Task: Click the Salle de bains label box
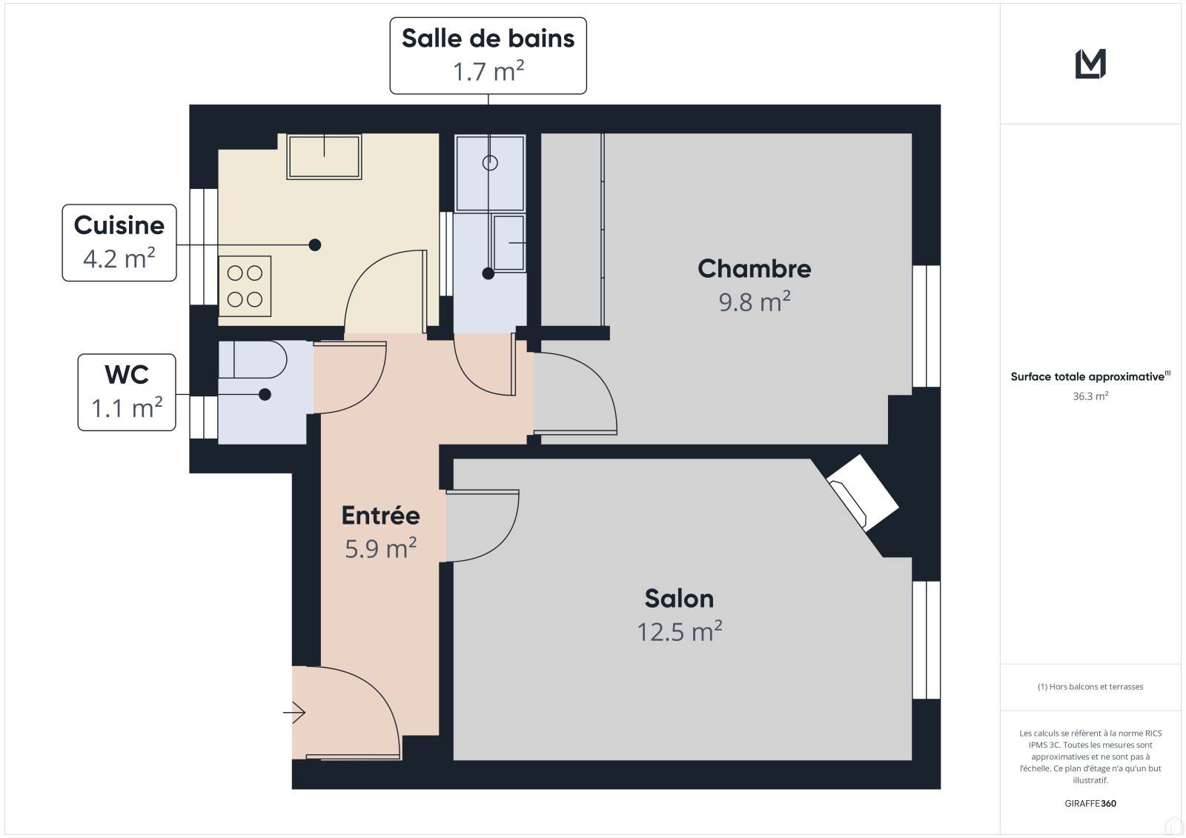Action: [x=488, y=56]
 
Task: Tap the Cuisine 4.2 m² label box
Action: [x=119, y=242]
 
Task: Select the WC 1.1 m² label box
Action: [x=127, y=392]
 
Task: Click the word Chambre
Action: [x=754, y=268]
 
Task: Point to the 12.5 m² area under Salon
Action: [x=679, y=631]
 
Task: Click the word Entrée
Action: [x=381, y=515]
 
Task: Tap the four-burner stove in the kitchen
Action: [x=245, y=287]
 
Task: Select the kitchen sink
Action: [x=324, y=156]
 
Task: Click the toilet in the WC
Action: [x=253, y=359]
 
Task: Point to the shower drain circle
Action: [x=490, y=163]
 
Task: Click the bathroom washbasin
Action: [x=508, y=242]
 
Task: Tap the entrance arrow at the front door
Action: [x=294, y=712]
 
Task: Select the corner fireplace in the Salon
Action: [x=863, y=493]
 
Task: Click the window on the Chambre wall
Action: [x=926, y=326]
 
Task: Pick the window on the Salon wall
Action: [x=926, y=640]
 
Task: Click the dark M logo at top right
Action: [x=1090, y=64]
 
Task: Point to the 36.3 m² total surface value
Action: [x=1090, y=396]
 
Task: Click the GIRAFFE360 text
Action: [x=1090, y=803]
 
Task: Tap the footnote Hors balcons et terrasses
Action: [x=1090, y=687]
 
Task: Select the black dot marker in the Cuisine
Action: [x=315, y=245]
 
